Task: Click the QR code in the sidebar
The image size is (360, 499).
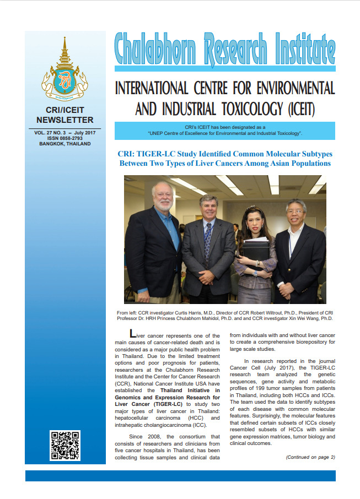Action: [65, 445]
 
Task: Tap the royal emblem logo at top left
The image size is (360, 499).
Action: [65, 72]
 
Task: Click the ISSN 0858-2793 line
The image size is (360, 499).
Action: [65, 138]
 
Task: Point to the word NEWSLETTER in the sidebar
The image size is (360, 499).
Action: [65, 120]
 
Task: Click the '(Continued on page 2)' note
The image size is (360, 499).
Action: [310, 457]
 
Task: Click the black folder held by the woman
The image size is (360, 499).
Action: [256, 251]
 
